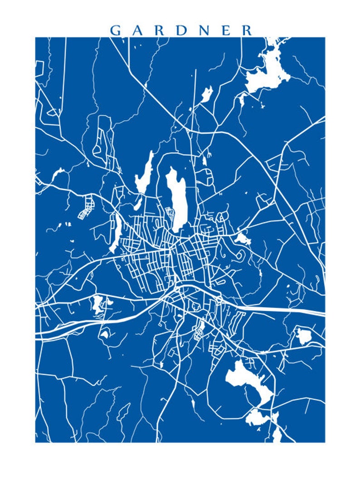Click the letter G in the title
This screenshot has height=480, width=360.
click(116, 30)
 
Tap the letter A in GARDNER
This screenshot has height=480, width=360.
click(139, 30)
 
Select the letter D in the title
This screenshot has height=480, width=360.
click(182, 30)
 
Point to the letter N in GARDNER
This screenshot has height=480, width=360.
click(204, 30)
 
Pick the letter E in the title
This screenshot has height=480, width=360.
click(225, 30)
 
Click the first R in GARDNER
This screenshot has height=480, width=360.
click(160, 30)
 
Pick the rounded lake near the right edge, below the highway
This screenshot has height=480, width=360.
click(302, 336)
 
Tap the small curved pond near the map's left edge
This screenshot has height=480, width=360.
click(58, 173)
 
